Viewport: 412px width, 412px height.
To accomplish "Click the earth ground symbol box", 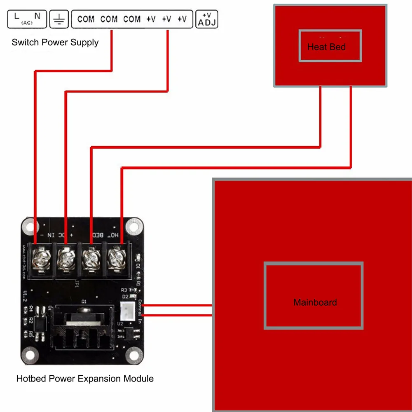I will pyautogui.click(x=59, y=19).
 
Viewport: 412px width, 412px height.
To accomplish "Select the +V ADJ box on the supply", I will pyautogui.click(x=207, y=19).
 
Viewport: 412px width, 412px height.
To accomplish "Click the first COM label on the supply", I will pyautogui.click(x=86, y=19).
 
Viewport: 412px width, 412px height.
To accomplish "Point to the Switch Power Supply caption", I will pyautogui.click(x=55, y=42).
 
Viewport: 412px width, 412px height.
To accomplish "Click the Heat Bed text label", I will pyautogui.click(x=326, y=47).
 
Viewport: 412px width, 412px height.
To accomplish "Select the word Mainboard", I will pyautogui.click(x=315, y=302).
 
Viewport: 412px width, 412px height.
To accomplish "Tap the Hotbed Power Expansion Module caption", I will pyautogui.click(x=85, y=378).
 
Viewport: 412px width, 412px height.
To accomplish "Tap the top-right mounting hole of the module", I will pyautogui.click(x=133, y=225).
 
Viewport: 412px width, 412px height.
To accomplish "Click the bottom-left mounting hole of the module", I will pyautogui.click(x=28, y=353).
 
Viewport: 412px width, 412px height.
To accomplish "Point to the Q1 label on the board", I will pyautogui.click(x=84, y=302).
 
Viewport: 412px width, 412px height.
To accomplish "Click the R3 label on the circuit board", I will pyautogui.click(x=124, y=290).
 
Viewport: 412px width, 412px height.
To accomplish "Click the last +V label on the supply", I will pyautogui.click(x=182, y=19).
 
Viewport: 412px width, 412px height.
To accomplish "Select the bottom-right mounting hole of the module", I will pyautogui.click(x=133, y=353).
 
